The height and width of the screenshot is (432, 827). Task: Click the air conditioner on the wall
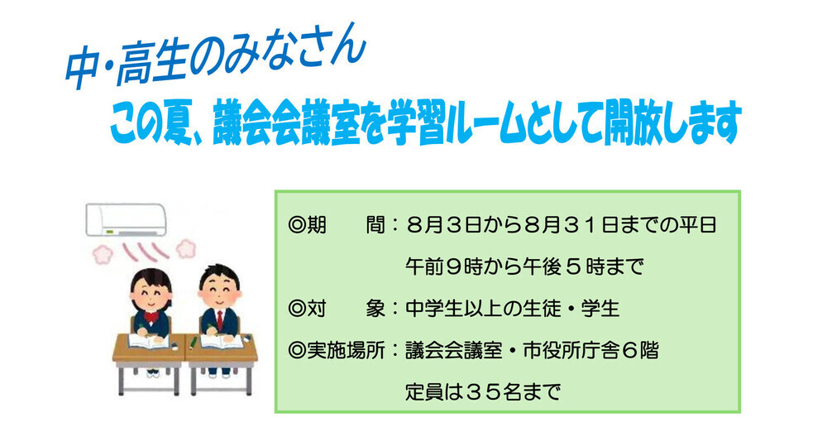pos(126,219)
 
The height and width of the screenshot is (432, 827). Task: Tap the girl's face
pos(151,294)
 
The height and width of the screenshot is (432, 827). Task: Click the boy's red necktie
pos(219,319)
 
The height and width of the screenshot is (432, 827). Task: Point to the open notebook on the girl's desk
pos(149,341)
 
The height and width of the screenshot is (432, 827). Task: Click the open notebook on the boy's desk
pos(222,341)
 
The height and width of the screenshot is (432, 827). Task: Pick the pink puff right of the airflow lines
pos(185,248)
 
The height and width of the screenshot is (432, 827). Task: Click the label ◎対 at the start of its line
pos(307,309)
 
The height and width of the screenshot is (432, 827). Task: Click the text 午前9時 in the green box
pos(445,266)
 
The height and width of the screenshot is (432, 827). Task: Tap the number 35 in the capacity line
pos(485,392)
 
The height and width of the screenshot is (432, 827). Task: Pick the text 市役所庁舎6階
pos(591,350)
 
